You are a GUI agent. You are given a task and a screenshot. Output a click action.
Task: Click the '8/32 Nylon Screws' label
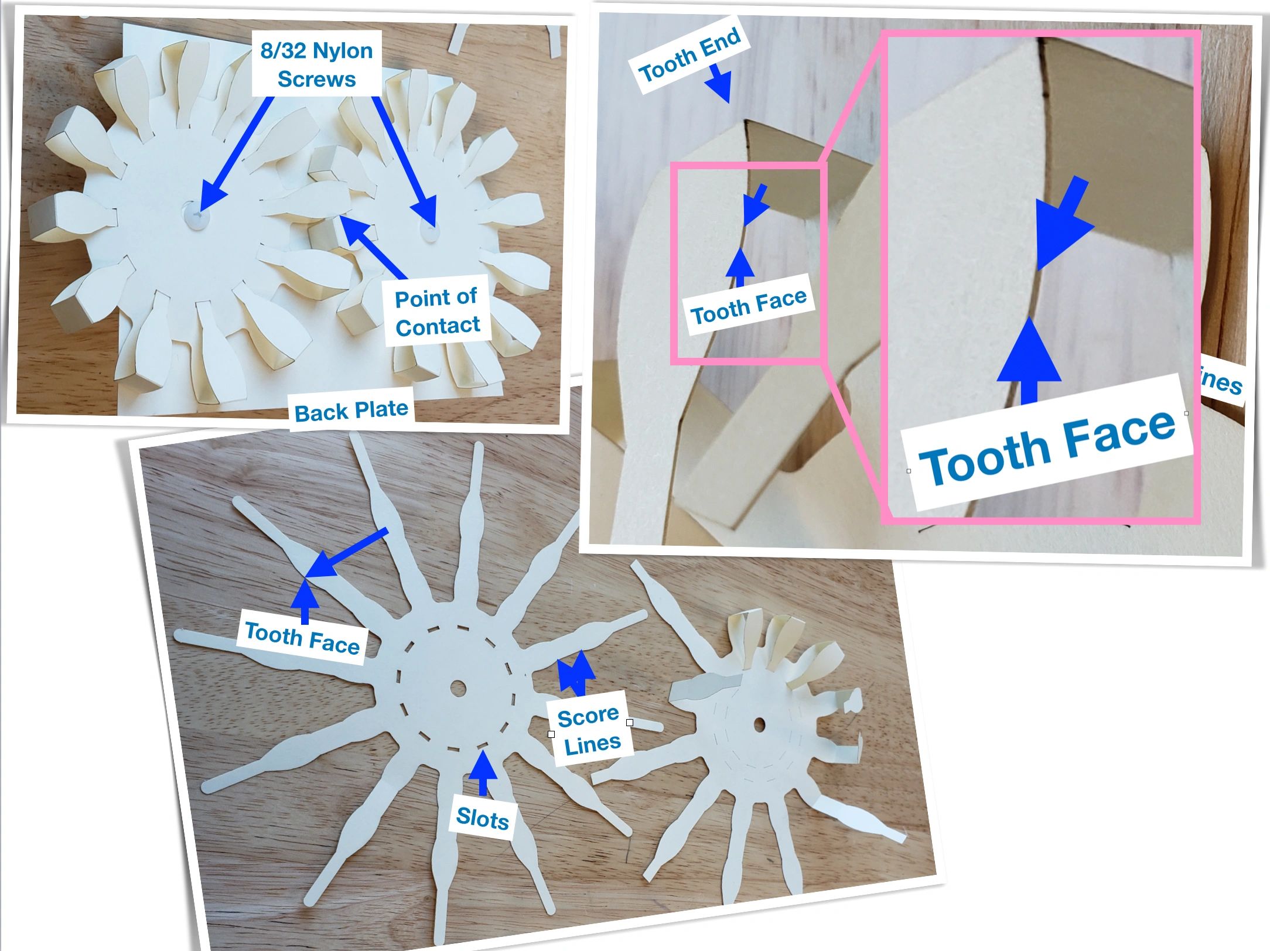click(316, 64)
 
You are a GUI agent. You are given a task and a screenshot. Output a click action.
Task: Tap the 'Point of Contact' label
click(437, 312)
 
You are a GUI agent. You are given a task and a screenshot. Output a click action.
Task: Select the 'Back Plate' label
click(351, 410)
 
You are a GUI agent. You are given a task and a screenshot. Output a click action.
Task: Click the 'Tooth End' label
click(689, 56)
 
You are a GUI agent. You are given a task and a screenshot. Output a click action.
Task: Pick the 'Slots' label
click(483, 818)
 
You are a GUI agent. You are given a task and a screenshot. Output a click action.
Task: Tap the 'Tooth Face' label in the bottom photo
click(302, 638)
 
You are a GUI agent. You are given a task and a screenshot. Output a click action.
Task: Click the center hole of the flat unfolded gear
click(458, 687)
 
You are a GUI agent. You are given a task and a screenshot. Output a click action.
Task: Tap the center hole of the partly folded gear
click(760, 725)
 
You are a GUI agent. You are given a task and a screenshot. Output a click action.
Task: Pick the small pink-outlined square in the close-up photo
click(748, 263)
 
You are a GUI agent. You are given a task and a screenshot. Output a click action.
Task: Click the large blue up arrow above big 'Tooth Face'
click(1029, 360)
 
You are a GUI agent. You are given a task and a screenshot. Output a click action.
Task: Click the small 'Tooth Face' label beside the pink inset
click(749, 306)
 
